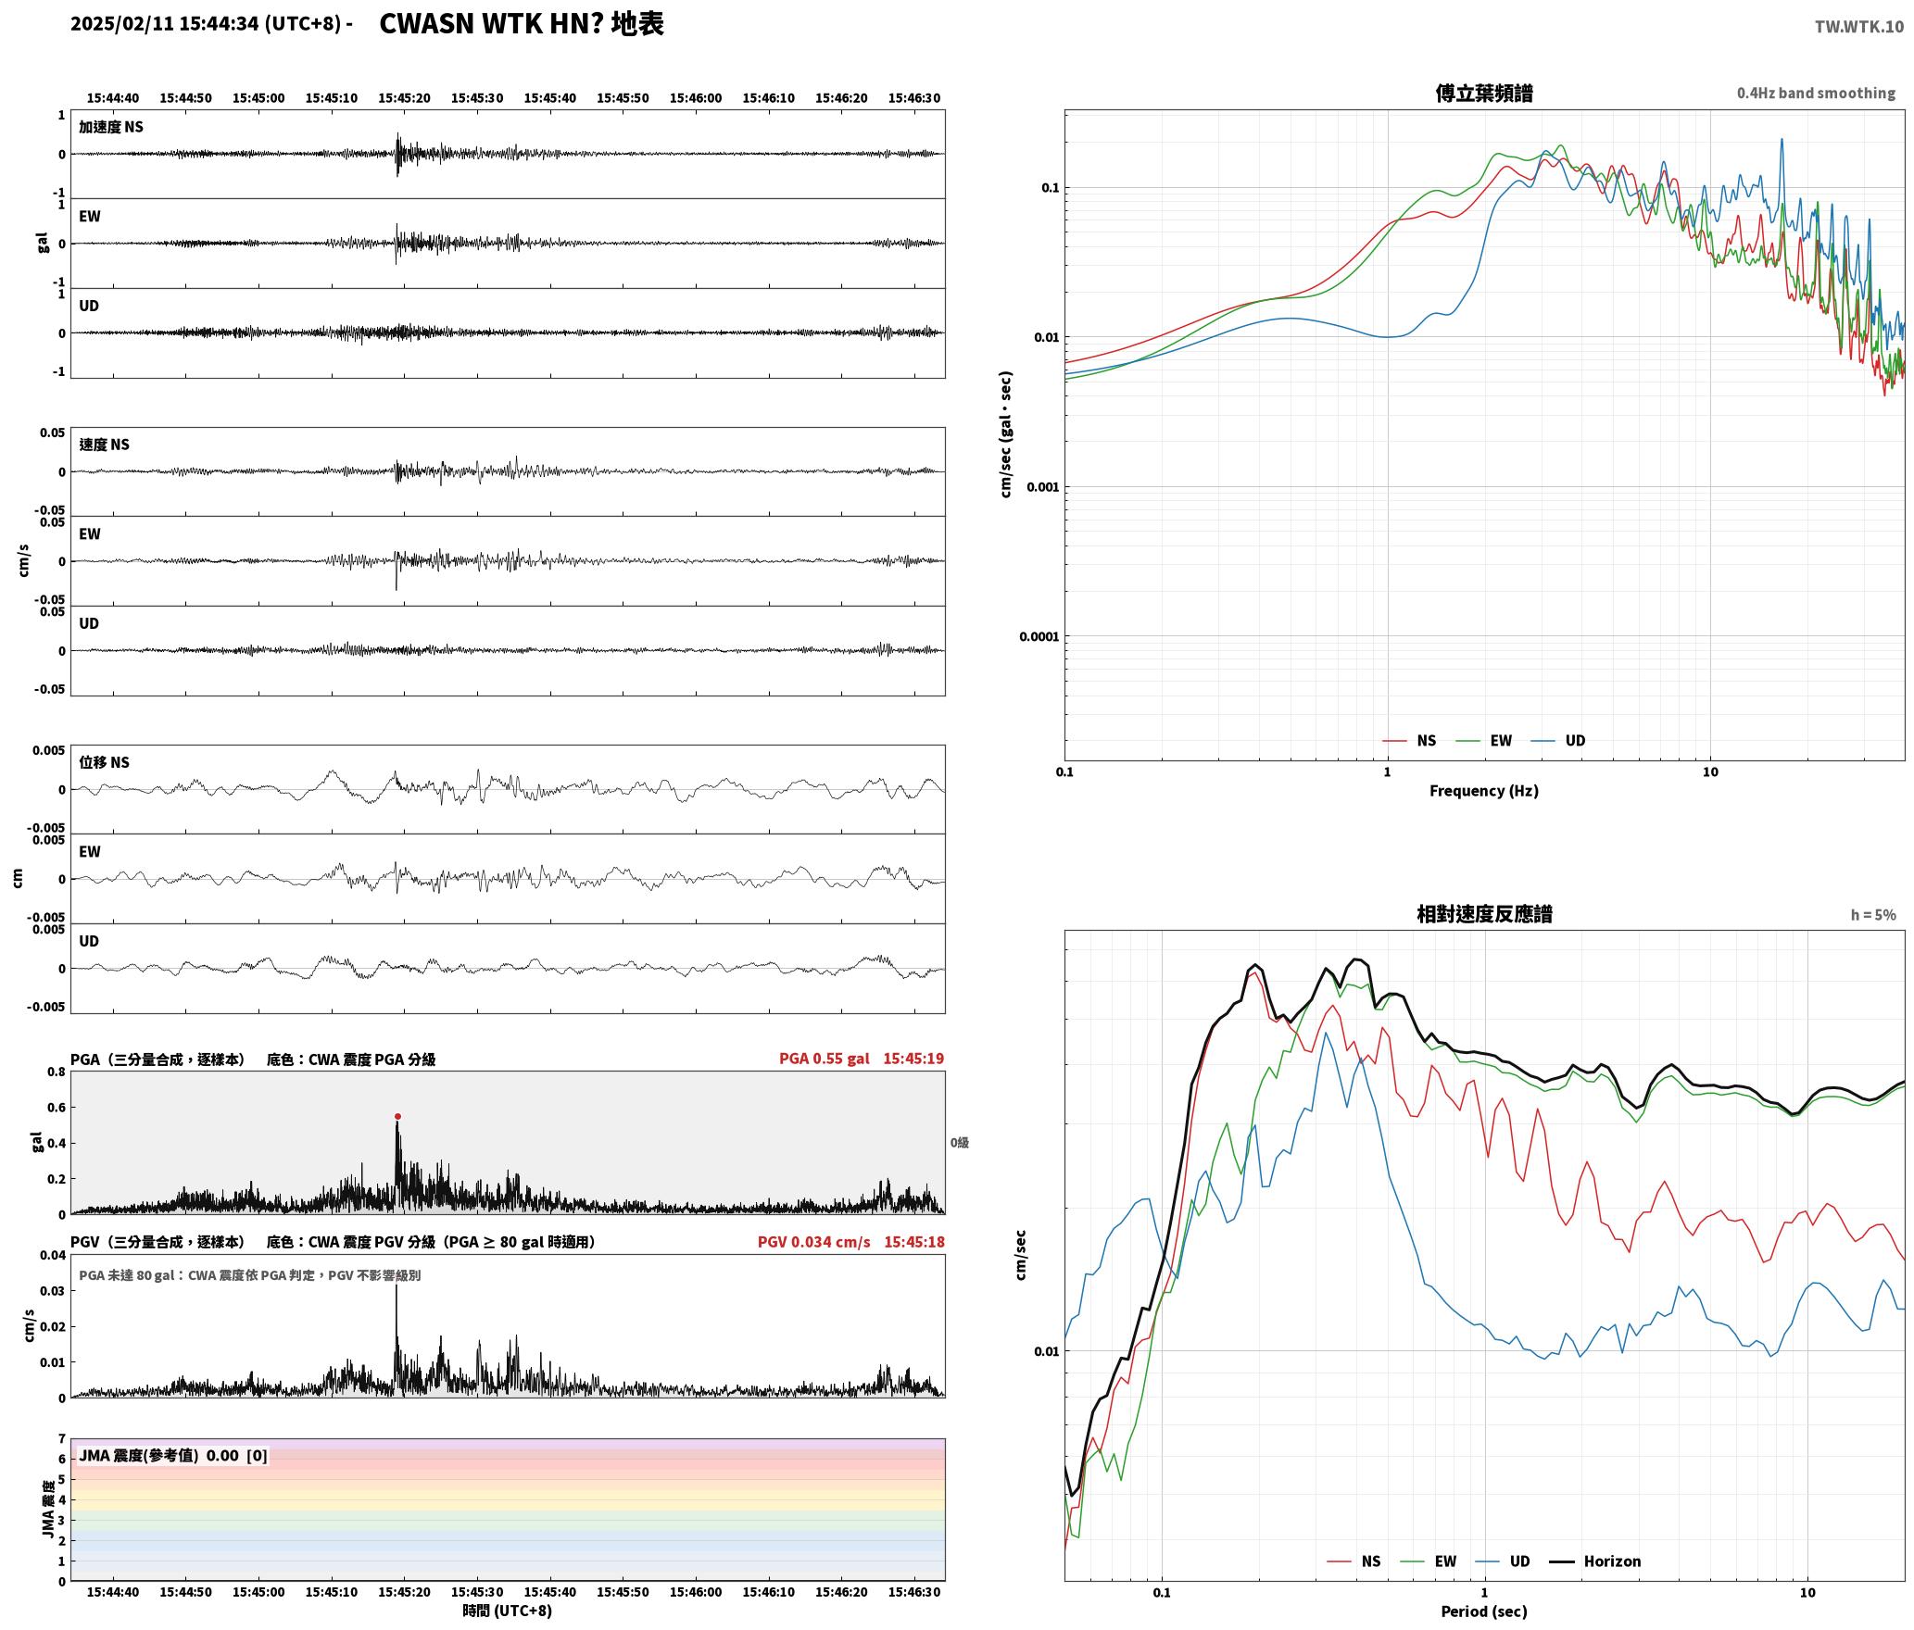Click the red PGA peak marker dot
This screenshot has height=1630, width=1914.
click(397, 1116)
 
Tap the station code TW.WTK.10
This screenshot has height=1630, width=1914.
click(1858, 27)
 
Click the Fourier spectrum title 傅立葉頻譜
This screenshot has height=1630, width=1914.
click(1483, 93)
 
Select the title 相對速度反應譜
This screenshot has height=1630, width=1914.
click(1484, 914)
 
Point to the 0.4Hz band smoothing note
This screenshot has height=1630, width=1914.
click(1816, 93)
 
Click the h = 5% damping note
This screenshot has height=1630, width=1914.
click(1873, 915)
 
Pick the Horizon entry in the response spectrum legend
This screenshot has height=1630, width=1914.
click(1612, 1561)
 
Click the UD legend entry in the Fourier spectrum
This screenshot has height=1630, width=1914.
click(1575, 740)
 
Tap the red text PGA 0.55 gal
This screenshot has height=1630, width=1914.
click(824, 1059)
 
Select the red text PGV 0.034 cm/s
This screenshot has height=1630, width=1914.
click(813, 1242)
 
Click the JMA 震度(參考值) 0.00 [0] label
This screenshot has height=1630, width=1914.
click(173, 1455)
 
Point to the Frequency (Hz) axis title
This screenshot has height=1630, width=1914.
click(1483, 790)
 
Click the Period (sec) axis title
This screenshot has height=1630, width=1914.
click(1483, 1611)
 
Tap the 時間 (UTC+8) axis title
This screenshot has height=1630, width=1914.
click(507, 1611)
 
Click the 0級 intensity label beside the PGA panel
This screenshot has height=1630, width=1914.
click(959, 1143)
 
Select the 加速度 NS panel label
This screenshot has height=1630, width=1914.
click(111, 127)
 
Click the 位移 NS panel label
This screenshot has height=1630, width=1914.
click(104, 762)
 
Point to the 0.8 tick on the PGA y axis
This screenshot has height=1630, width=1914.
click(56, 1072)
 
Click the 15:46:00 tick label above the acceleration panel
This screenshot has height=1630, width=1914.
click(695, 98)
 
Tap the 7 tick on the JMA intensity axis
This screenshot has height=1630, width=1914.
click(62, 1439)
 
